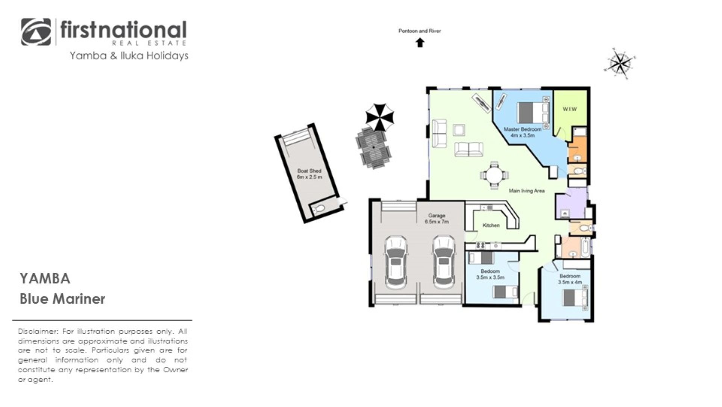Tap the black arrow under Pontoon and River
(420, 43)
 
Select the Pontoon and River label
(420, 31)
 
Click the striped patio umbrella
(380, 117)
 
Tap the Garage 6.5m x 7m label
(437, 219)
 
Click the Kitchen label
(491, 225)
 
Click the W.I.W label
(569, 109)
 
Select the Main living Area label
(526, 191)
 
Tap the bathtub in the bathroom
(585, 248)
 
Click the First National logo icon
(36, 32)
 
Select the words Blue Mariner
(62, 299)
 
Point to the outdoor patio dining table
(373, 147)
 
